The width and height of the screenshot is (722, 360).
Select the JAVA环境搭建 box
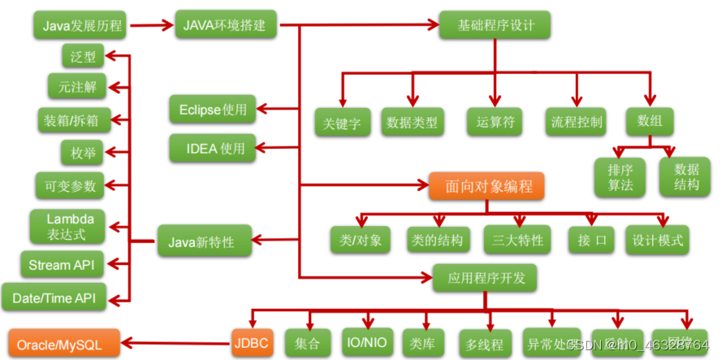227,24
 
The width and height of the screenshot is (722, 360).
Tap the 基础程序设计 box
494,24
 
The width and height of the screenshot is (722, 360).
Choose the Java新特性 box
201,241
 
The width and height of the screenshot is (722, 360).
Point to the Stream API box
62,265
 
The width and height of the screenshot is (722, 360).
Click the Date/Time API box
54,297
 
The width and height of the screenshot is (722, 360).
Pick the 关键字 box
343,123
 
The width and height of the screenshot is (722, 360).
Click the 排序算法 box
620,176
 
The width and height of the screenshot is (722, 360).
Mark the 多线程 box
486,344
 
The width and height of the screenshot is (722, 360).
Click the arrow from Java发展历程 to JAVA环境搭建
152,24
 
